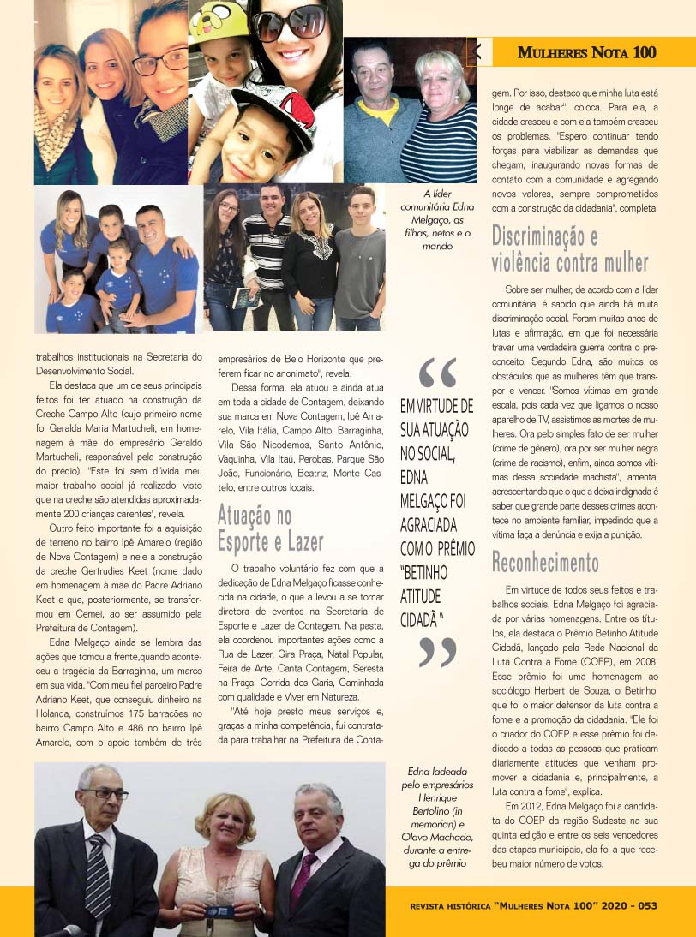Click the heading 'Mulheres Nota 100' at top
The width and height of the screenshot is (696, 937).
point(586,52)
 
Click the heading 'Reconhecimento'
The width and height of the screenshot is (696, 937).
point(544,563)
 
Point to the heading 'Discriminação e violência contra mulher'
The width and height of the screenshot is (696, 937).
point(569,248)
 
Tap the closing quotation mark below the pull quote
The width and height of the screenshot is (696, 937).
point(437,652)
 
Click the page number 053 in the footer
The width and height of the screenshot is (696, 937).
point(645,905)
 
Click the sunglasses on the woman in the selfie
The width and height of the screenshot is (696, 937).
point(289,24)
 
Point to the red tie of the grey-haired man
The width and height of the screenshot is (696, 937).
point(303,882)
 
